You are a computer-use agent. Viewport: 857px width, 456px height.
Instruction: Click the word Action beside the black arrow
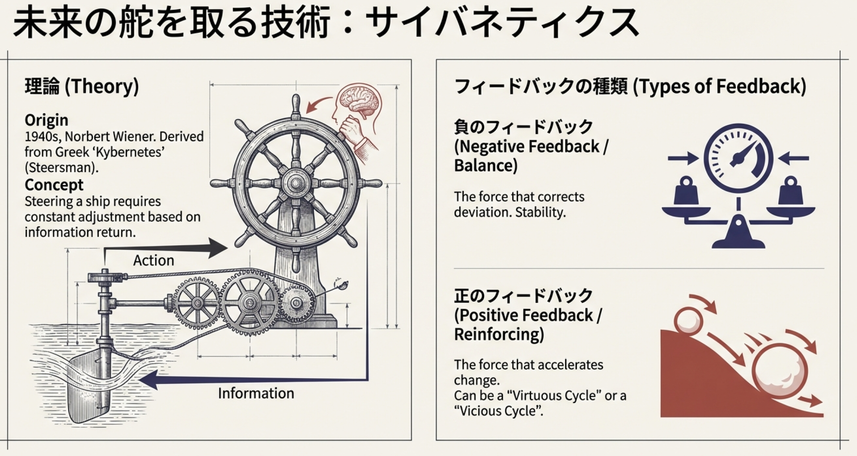pos(153,260)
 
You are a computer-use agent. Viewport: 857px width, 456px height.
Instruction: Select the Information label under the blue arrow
pos(256,393)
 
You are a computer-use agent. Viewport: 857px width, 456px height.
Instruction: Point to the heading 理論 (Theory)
pos(82,86)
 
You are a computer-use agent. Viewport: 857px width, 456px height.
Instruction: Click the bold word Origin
pos(46,120)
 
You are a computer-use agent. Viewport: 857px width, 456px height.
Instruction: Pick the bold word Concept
pos(54,185)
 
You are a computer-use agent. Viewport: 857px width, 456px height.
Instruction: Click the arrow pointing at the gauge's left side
pos(682,159)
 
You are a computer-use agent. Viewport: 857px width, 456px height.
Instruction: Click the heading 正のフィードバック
pos(523,296)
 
